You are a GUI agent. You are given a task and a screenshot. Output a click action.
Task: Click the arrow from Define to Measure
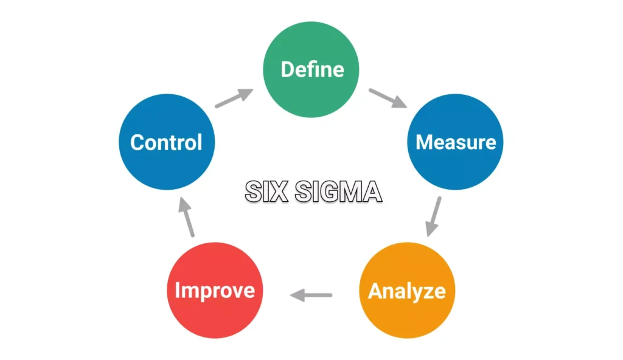388,99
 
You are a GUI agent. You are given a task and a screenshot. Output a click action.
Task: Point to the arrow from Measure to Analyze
433,216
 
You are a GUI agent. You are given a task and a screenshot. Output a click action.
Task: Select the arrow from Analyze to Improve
311,296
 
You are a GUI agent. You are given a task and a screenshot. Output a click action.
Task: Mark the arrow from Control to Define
234,98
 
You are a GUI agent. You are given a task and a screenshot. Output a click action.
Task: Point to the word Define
312,69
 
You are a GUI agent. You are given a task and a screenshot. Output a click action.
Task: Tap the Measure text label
456,142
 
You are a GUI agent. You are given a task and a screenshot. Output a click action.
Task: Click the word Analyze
406,291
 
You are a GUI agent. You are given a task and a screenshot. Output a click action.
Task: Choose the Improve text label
215,291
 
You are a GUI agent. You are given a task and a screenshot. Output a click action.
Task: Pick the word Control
166,143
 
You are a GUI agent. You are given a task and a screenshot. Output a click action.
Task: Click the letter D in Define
287,69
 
